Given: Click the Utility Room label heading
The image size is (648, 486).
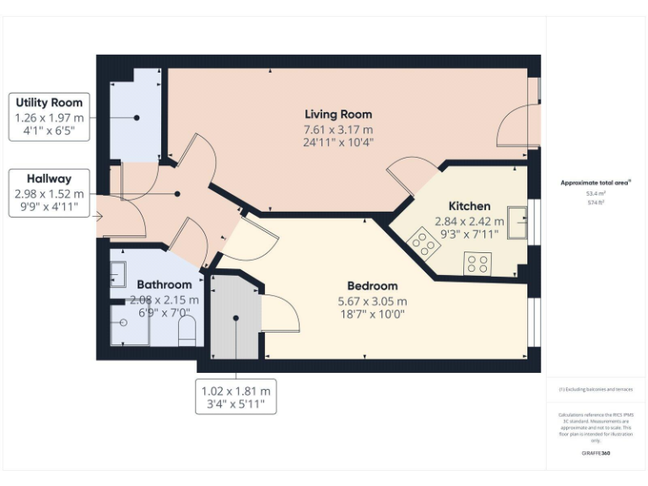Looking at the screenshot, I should (49, 103).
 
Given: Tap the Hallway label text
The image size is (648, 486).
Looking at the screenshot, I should (49, 179).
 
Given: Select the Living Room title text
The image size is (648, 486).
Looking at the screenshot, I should (337, 115).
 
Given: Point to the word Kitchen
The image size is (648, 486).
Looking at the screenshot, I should (469, 207).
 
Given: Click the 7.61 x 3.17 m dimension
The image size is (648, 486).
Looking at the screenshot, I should (337, 129).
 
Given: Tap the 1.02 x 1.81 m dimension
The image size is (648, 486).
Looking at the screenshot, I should (236, 391).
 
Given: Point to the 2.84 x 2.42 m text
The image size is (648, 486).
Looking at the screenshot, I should (469, 221).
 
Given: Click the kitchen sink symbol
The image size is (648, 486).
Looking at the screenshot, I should (516, 223).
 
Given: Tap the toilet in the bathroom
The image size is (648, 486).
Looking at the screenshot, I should (187, 331).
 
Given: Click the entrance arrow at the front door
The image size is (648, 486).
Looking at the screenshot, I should (98, 218).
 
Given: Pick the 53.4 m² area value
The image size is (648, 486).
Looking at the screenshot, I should (596, 193).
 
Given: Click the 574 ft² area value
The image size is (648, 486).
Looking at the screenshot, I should (596, 201).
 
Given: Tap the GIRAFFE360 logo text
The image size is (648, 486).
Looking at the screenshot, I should (596, 453).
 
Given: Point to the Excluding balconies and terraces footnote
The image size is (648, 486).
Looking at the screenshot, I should (596, 390).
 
